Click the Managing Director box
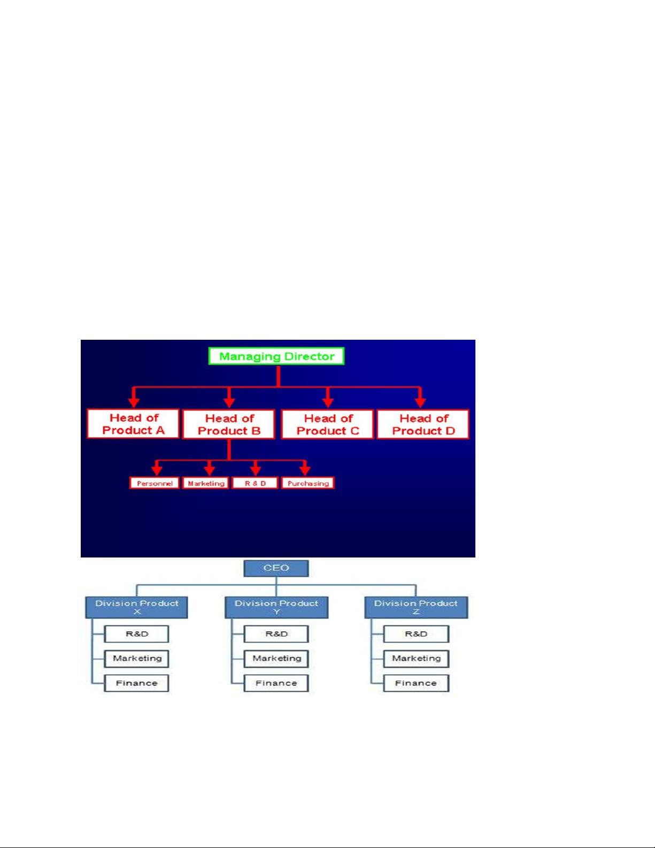[x=276, y=356]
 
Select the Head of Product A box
[x=133, y=424]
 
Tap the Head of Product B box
[x=229, y=424]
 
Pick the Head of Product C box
[x=327, y=424]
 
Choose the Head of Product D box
[x=423, y=424]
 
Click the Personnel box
[x=155, y=483]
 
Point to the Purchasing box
[x=308, y=483]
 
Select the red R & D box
[x=255, y=483]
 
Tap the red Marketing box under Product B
[x=206, y=483]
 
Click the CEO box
[x=276, y=568]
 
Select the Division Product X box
[x=137, y=607]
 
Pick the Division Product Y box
[x=276, y=607]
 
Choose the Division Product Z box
[x=416, y=607]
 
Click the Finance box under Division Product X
[x=136, y=683]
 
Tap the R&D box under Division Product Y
[x=276, y=634]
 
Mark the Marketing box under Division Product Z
[x=416, y=659]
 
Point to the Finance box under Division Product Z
[x=416, y=683]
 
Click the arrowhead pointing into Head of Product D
[x=420, y=401]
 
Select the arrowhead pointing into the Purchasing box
[x=305, y=470]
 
